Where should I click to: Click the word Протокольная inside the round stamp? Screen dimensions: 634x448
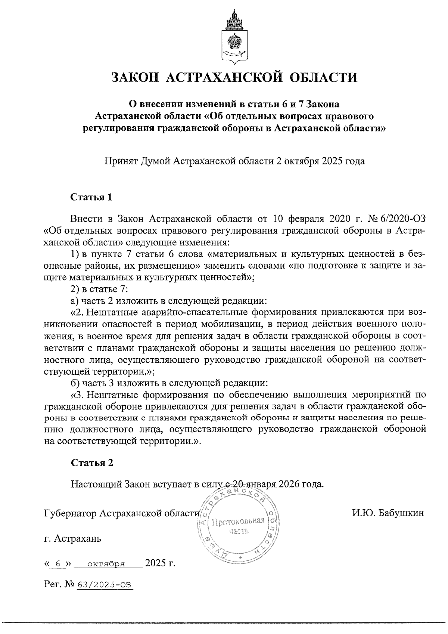click(x=238, y=522)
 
